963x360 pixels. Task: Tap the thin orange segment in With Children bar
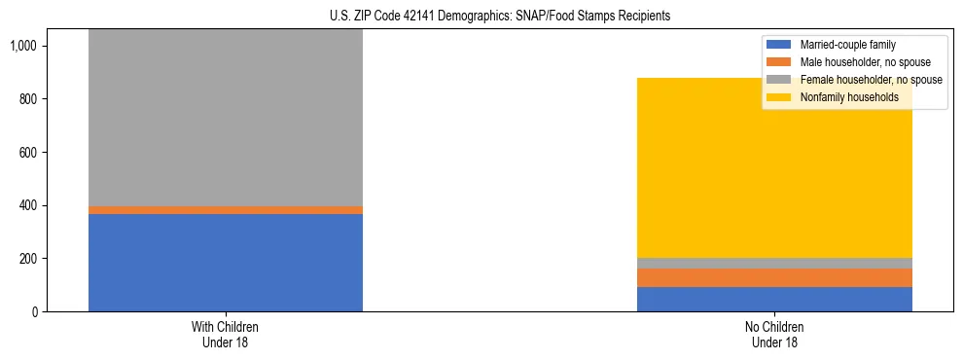[x=226, y=210]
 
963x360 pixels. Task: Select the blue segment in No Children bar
[x=774, y=299]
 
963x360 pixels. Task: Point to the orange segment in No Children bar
[x=774, y=277]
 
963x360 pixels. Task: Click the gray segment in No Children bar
[x=774, y=263]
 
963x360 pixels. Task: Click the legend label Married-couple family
[x=847, y=45]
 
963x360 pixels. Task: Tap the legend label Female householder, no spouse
[x=871, y=80]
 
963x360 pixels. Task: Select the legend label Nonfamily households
[x=849, y=97]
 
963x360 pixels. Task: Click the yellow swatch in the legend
[x=779, y=97]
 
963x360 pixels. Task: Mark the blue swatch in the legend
[x=779, y=45]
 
